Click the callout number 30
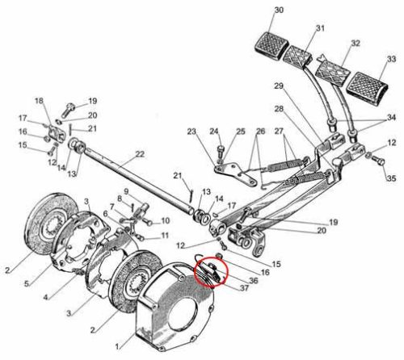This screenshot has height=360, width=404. click(x=279, y=10)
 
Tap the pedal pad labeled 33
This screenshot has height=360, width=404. click(x=368, y=86)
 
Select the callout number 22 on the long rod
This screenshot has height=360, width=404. click(x=140, y=154)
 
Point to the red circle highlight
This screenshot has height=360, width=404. click(x=213, y=272)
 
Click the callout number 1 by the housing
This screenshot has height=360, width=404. click(x=116, y=347)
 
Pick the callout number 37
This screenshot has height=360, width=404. click(x=244, y=288)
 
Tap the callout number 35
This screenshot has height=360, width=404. click(x=392, y=178)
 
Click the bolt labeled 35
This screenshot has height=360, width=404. click(x=379, y=161)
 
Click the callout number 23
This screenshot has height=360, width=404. click(x=191, y=132)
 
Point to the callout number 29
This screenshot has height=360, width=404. click(x=279, y=86)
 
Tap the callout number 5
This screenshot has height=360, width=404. click(x=27, y=283)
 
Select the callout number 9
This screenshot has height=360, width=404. click(x=126, y=192)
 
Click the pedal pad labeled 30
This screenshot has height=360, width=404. click(x=271, y=45)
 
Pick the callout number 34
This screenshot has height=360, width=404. click(x=391, y=118)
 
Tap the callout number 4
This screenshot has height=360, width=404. click(x=46, y=297)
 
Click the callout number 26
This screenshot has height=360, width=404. click(x=260, y=132)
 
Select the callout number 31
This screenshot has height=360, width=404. click(x=320, y=28)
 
